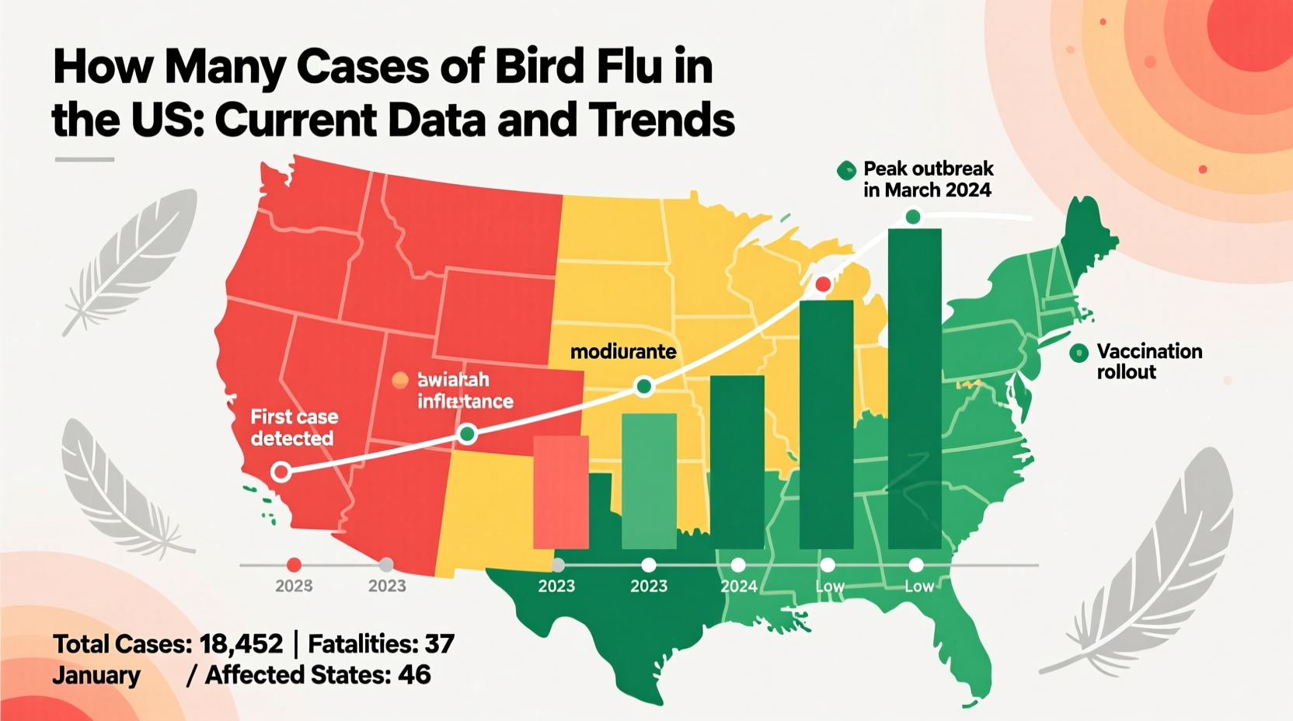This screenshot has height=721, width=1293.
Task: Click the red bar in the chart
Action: click(560, 492)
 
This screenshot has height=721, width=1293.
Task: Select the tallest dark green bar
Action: click(914, 388)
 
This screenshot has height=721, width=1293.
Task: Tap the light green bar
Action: click(649, 481)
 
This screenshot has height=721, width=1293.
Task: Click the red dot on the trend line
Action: click(823, 284)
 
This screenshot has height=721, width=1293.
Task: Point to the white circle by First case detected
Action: click(281, 471)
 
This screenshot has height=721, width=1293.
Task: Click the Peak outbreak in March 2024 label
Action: click(928, 179)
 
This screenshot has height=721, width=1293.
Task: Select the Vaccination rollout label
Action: click(1148, 361)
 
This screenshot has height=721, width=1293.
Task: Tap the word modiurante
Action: click(623, 352)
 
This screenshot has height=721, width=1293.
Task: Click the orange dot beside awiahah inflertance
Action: click(400, 379)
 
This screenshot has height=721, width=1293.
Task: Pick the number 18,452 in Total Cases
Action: click(240, 643)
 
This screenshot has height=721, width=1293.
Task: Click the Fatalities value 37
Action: click(439, 643)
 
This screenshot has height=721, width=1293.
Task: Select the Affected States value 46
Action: click(414, 674)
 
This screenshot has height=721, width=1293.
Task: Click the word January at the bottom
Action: click(96, 675)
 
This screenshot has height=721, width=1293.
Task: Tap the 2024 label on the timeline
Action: click(738, 586)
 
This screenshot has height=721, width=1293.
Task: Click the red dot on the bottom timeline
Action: click(294, 565)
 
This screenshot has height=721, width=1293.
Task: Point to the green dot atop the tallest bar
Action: click(913, 217)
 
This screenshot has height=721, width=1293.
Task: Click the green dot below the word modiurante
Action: click(643, 386)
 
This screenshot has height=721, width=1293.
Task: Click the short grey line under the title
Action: click(85, 159)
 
